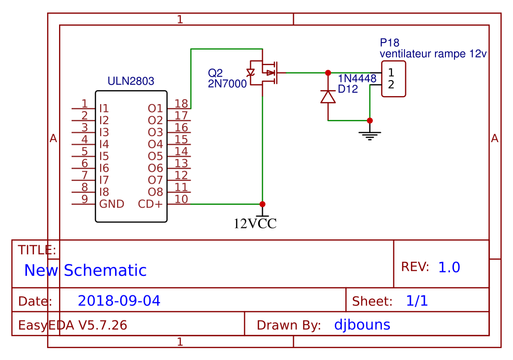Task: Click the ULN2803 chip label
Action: (x=131, y=81)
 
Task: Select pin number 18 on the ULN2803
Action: (x=182, y=104)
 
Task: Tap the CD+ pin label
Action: (x=150, y=204)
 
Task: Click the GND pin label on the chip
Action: (x=112, y=204)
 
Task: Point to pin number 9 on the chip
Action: (x=85, y=199)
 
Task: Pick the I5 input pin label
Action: (x=104, y=156)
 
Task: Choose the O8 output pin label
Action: (x=155, y=192)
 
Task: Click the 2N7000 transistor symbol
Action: (x=265, y=73)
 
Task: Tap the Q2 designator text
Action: (x=215, y=73)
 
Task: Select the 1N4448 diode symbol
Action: (x=328, y=97)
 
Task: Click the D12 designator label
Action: (x=348, y=89)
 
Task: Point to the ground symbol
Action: (x=369, y=134)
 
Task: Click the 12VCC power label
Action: (x=255, y=223)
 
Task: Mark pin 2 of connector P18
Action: (x=391, y=84)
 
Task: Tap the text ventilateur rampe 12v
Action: (x=433, y=53)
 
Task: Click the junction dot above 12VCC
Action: (x=262, y=204)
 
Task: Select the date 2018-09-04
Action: (x=119, y=301)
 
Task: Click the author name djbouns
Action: (x=362, y=325)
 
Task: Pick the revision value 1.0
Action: (x=449, y=267)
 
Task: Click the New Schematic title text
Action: (x=85, y=270)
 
